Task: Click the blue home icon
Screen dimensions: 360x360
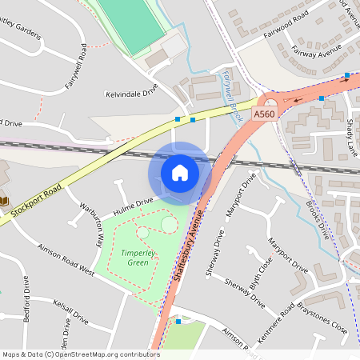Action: click(180, 172)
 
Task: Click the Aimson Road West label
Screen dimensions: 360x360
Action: click(66, 261)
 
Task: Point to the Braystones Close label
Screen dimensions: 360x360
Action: click(318, 321)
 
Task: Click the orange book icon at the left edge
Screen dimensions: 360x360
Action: click(4, 200)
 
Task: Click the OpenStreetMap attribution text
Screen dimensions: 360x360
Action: click(80, 354)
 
